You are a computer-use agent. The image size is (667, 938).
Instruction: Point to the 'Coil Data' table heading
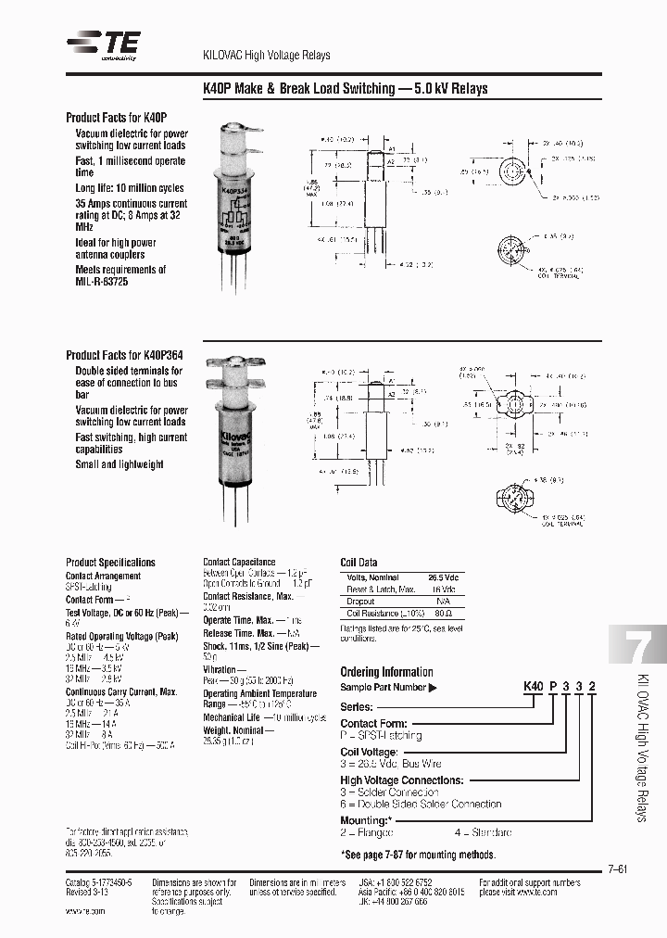pos(359,563)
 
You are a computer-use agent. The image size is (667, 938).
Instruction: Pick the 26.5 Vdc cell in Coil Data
pos(442,577)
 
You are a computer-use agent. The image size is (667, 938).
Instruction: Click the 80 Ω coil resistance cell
pos(442,614)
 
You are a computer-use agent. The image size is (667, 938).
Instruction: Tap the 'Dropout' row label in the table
pos(360,602)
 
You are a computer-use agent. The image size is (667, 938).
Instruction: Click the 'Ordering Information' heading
pos(386,672)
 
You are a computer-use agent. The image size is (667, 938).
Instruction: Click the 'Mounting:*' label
pos(366,820)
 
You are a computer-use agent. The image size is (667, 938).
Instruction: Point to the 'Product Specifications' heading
pos(110,563)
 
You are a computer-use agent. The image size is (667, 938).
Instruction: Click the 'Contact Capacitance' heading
pos(239,562)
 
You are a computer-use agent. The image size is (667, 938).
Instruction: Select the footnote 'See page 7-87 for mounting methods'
pos(418,855)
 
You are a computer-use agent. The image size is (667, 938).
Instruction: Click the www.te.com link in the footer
pos(85,911)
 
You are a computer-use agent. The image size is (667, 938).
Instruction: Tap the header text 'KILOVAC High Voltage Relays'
pos(266,56)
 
